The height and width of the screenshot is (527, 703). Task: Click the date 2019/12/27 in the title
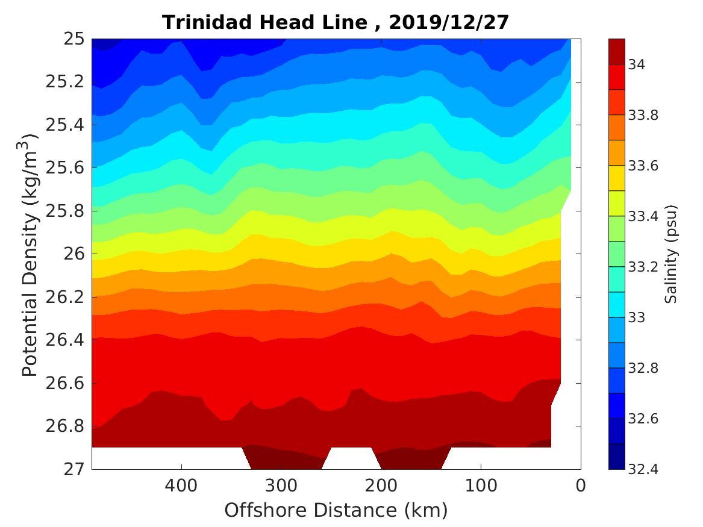coord(449,22)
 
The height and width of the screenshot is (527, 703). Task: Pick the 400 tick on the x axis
coord(181,485)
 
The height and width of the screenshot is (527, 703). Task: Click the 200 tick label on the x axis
coord(381,485)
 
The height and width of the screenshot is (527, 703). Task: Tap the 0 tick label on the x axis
coord(580,485)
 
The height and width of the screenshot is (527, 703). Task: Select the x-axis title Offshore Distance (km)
coord(336,510)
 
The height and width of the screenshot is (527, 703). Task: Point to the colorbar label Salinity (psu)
coord(672,254)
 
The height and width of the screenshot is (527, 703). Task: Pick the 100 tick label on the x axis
coord(481,485)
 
